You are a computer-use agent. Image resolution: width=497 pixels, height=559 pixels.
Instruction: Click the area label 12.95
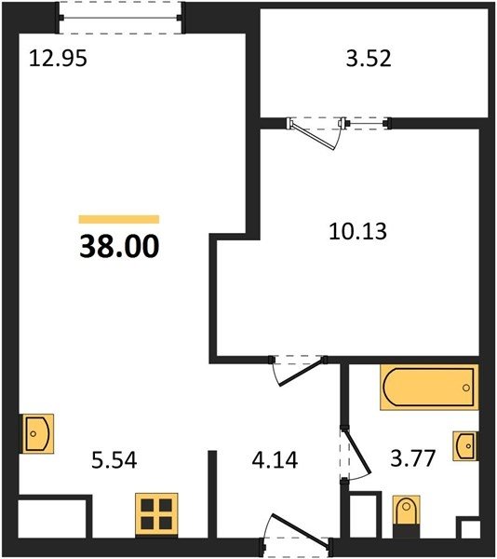tap(58, 59)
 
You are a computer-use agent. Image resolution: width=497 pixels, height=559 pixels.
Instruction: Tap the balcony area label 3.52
tap(369, 59)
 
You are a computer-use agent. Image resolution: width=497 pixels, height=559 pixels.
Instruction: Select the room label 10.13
tap(357, 231)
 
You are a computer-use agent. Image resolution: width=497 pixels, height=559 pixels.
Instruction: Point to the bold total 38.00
tap(119, 246)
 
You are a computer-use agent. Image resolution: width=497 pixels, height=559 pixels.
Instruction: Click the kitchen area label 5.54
tap(114, 460)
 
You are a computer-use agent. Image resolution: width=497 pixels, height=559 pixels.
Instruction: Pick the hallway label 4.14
tap(275, 460)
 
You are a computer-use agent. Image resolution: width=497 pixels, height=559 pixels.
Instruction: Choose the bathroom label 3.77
tap(413, 458)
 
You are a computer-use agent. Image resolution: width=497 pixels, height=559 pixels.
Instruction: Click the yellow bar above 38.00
tap(119, 219)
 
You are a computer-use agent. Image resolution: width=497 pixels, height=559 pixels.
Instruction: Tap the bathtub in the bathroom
tap(429, 388)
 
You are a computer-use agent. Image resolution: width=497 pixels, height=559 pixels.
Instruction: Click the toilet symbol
tap(406, 516)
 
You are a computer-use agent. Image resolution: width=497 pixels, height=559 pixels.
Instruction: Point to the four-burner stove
tap(156, 514)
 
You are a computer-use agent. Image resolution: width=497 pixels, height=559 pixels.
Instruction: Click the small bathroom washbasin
tap(465, 445)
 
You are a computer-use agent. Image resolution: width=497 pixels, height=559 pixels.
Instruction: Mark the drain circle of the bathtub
tap(466, 388)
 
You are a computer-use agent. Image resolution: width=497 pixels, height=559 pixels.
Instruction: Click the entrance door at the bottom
tap(299, 529)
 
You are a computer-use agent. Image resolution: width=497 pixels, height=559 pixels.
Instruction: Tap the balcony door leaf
tap(313, 135)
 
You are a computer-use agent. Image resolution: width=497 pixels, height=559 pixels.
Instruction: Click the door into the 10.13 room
tap(302, 373)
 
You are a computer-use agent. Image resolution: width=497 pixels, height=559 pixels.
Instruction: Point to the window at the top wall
tap(121, 18)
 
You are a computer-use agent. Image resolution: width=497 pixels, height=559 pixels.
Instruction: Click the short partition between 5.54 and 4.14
tap(212, 494)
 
